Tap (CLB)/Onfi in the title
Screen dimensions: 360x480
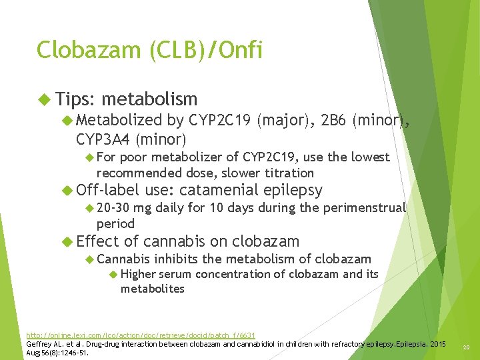199,51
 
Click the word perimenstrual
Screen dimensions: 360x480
365,208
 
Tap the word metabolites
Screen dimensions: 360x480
152,289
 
